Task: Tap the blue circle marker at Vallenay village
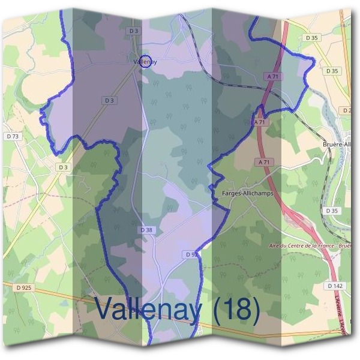click(x=146, y=61)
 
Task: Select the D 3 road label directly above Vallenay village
click(x=133, y=30)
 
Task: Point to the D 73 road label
click(x=13, y=136)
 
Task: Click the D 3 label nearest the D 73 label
click(x=63, y=167)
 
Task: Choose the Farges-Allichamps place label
click(x=248, y=194)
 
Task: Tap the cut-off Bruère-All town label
click(x=340, y=145)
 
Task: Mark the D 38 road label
click(x=148, y=230)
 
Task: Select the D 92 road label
click(x=191, y=255)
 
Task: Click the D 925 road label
click(x=24, y=288)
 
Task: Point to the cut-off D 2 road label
click(x=347, y=110)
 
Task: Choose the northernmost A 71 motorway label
click(x=272, y=76)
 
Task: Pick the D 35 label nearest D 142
click(x=331, y=211)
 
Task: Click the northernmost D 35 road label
click(x=313, y=37)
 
